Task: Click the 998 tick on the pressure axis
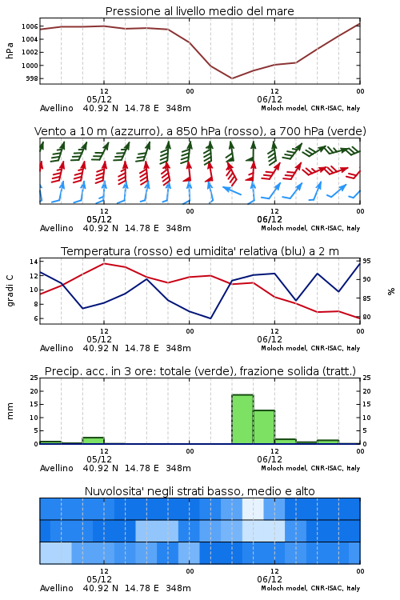[x=32, y=78]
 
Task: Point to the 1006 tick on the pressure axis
[x=30, y=26]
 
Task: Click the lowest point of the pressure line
[x=232, y=78]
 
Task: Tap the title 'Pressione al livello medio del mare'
[x=200, y=11]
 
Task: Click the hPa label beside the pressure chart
[x=10, y=50]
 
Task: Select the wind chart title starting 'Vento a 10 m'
[x=200, y=131]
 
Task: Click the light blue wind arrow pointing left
[x=231, y=190]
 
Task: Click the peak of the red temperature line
[x=104, y=263]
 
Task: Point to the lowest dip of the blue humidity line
[x=210, y=318]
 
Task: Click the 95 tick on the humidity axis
[x=366, y=261]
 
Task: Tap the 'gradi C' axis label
[x=10, y=291]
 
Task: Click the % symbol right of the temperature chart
[x=391, y=291]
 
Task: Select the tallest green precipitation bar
[x=242, y=419]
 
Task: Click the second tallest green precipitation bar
[x=264, y=427]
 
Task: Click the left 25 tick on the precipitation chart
[x=34, y=378]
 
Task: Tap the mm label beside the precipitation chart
[x=10, y=411]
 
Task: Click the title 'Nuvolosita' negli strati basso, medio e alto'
[x=200, y=491]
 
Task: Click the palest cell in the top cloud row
[x=253, y=509]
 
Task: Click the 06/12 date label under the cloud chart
[x=270, y=579]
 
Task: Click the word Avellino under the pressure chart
[x=56, y=108]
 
